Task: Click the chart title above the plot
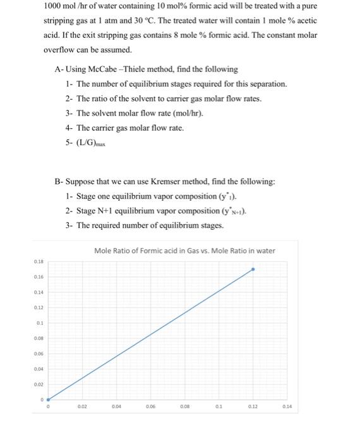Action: (x=184, y=251)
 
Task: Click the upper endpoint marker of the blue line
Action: (x=253, y=269)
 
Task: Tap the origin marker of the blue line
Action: (x=48, y=398)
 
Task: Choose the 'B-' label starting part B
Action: (x=59, y=182)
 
